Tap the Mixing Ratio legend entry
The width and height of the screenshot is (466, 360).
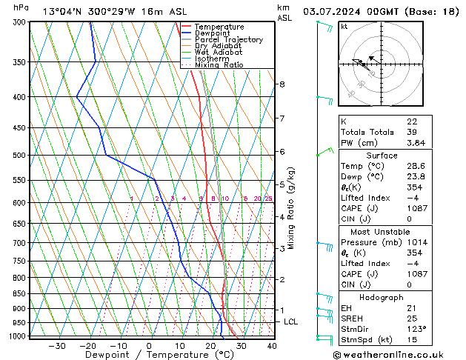coord(219,65)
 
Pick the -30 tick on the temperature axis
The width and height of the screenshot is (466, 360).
coord(57,346)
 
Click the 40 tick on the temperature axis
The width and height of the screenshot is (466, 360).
coord(272,346)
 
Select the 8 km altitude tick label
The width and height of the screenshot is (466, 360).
coord(282,84)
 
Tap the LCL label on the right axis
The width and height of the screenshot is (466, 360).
coord(291,322)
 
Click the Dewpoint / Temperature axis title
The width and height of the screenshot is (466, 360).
coord(148,356)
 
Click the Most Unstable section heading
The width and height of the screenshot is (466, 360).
coord(380,231)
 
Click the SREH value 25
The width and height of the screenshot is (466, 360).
coord(412,318)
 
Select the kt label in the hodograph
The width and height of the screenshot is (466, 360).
coord(344,27)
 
